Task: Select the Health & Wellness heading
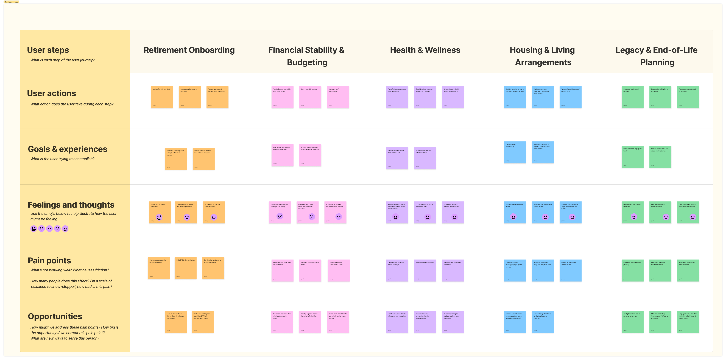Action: coord(425,50)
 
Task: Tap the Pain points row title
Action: coord(49,261)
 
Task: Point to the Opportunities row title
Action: coord(55,316)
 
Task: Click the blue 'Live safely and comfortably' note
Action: coord(515,152)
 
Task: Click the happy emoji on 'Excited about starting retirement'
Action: coord(159,217)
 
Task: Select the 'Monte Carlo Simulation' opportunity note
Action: coord(338,322)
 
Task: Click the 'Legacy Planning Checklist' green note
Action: coord(688,322)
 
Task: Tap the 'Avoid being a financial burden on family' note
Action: coord(425,158)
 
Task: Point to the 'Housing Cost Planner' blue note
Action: coord(515,322)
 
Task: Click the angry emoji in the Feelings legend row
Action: coord(65,229)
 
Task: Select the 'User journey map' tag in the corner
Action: coord(11,2)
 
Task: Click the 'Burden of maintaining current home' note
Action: coord(570,270)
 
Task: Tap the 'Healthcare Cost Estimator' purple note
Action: coord(397,322)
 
